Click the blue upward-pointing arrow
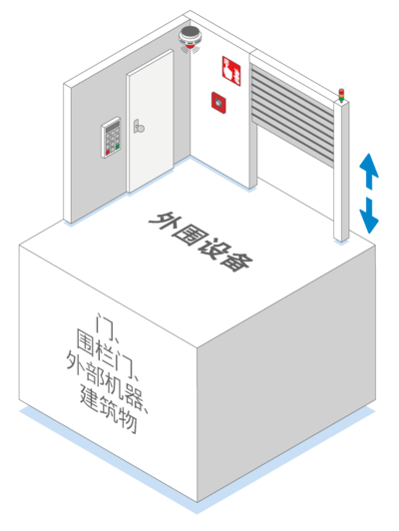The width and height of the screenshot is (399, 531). click(x=368, y=171)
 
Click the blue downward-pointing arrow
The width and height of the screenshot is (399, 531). click(x=369, y=216)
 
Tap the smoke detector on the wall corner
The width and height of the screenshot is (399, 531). click(x=191, y=38)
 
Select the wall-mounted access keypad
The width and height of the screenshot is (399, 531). click(x=111, y=137)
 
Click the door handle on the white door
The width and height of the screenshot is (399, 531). click(x=139, y=126)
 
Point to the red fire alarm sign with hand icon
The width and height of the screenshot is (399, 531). click(x=231, y=71)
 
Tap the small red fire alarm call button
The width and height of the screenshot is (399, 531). click(x=218, y=102)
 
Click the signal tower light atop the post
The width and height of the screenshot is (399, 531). click(x=341, y=96)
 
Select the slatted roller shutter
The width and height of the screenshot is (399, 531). click(x=292, y=115)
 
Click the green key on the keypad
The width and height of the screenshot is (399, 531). click(x=118, y=147)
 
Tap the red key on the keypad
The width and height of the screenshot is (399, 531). click(x=108, y=153)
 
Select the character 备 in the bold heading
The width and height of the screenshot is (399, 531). click(x=235, y=261)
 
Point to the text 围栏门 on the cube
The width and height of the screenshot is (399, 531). click(x=106, y=352)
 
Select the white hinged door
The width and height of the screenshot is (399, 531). click(x=151, y=121)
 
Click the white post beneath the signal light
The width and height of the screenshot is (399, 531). click(x=341, y=171)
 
